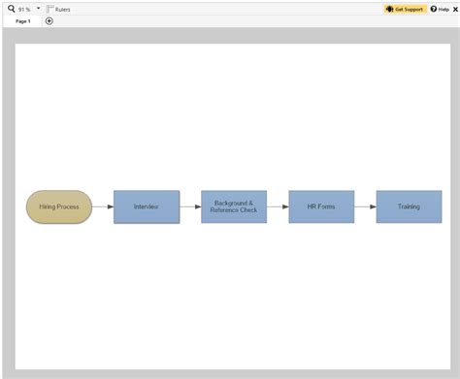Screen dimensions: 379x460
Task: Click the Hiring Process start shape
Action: [59, 206]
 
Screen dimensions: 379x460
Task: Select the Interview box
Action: [147, 206]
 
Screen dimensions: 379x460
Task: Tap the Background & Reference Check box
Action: [234, 206]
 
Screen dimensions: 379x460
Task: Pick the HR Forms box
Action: [321, 206]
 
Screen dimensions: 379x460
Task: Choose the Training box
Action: [409, 206]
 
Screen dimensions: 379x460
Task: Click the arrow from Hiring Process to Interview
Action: [103, 206]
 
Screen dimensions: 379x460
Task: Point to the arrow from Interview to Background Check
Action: [190, 206]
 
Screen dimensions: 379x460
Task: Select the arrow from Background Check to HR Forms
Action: [278, 206]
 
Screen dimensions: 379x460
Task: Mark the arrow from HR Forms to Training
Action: [365, 206]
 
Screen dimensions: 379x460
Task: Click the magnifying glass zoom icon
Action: [11, 8]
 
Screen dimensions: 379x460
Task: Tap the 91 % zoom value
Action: [24, 9]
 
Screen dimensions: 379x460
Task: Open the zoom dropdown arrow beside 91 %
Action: [38, 8]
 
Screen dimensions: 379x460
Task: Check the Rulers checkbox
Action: [49, 9]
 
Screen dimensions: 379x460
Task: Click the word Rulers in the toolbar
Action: [63, 9]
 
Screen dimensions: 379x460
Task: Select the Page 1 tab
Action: [22, 20]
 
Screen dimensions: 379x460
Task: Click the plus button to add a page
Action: [49, 20]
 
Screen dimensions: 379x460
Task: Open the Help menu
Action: [444, 9]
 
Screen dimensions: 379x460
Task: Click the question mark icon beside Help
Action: [434, 9]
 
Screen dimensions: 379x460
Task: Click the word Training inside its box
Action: [409, 206]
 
